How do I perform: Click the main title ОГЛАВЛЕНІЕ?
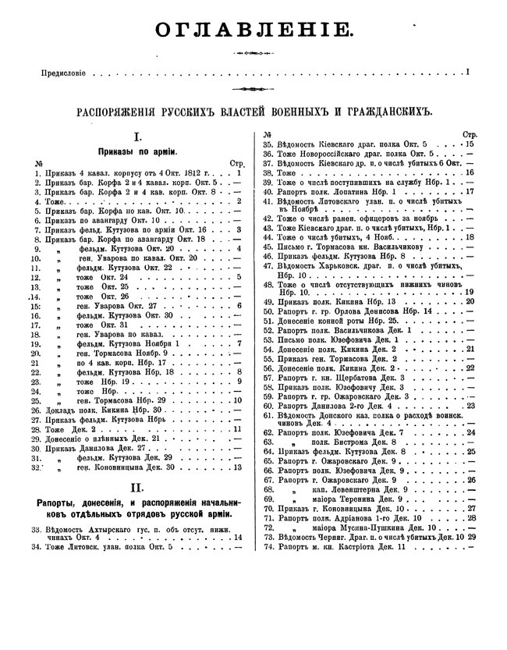[253, 30]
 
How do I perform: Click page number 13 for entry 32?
[237, 467]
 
